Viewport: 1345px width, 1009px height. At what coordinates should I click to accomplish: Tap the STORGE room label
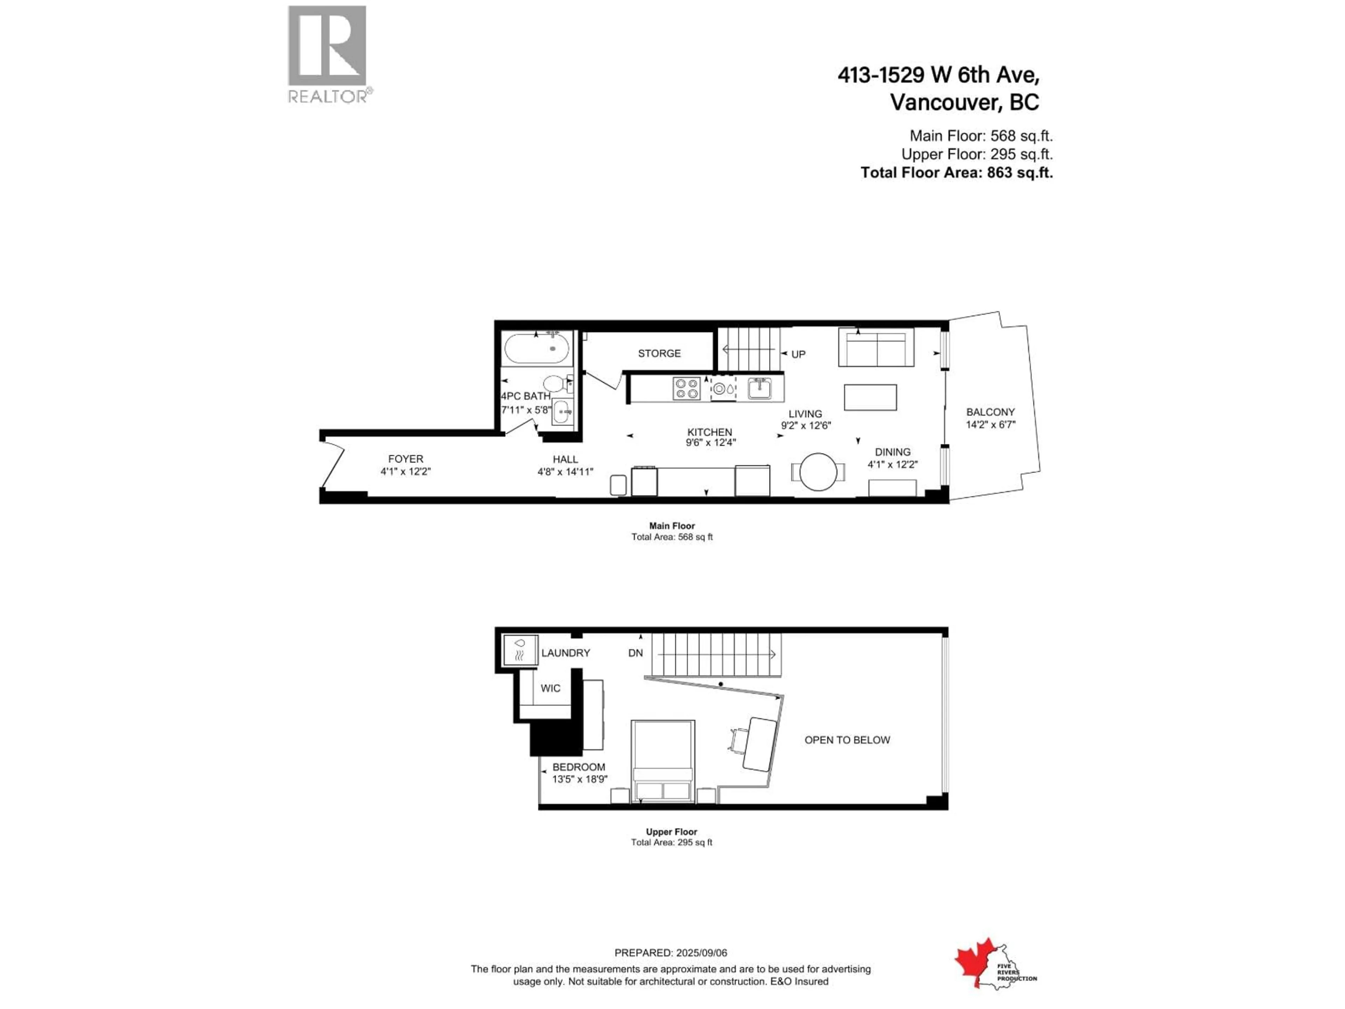[x=659, y=354]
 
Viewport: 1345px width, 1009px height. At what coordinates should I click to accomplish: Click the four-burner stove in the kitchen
[x=687, y=389]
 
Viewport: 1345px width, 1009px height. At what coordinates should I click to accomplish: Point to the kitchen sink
[x=759, y=388]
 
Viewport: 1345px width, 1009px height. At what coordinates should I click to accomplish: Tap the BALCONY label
[x=991, y=412]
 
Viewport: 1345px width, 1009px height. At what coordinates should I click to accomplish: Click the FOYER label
[x=406, y=459]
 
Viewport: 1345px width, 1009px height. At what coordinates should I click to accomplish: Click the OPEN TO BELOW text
[x=847, y=740]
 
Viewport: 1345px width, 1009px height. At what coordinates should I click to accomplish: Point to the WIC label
[x=550, y=688]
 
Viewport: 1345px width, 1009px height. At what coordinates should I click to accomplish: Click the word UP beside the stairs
[x=798, y=354]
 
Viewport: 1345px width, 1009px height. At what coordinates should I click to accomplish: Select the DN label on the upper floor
[x=635, y=653]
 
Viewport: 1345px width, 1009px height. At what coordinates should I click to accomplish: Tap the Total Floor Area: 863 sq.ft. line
[x=957, y=173]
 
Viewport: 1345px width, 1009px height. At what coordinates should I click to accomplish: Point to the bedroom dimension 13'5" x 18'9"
[x=579, y=779]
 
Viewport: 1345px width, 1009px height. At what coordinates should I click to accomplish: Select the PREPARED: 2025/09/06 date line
[x=671, y=953]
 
